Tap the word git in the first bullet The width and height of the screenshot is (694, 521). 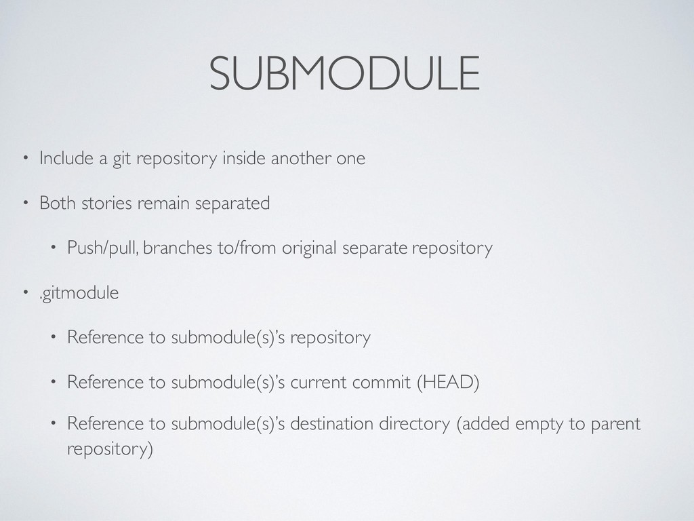(x=122, y=159)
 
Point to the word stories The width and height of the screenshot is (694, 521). (x=106, y=203)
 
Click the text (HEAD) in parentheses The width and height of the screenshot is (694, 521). (x=447, y=382)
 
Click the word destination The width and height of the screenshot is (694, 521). (x=335, y=425)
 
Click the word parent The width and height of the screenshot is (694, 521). (x=615, y=425)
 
